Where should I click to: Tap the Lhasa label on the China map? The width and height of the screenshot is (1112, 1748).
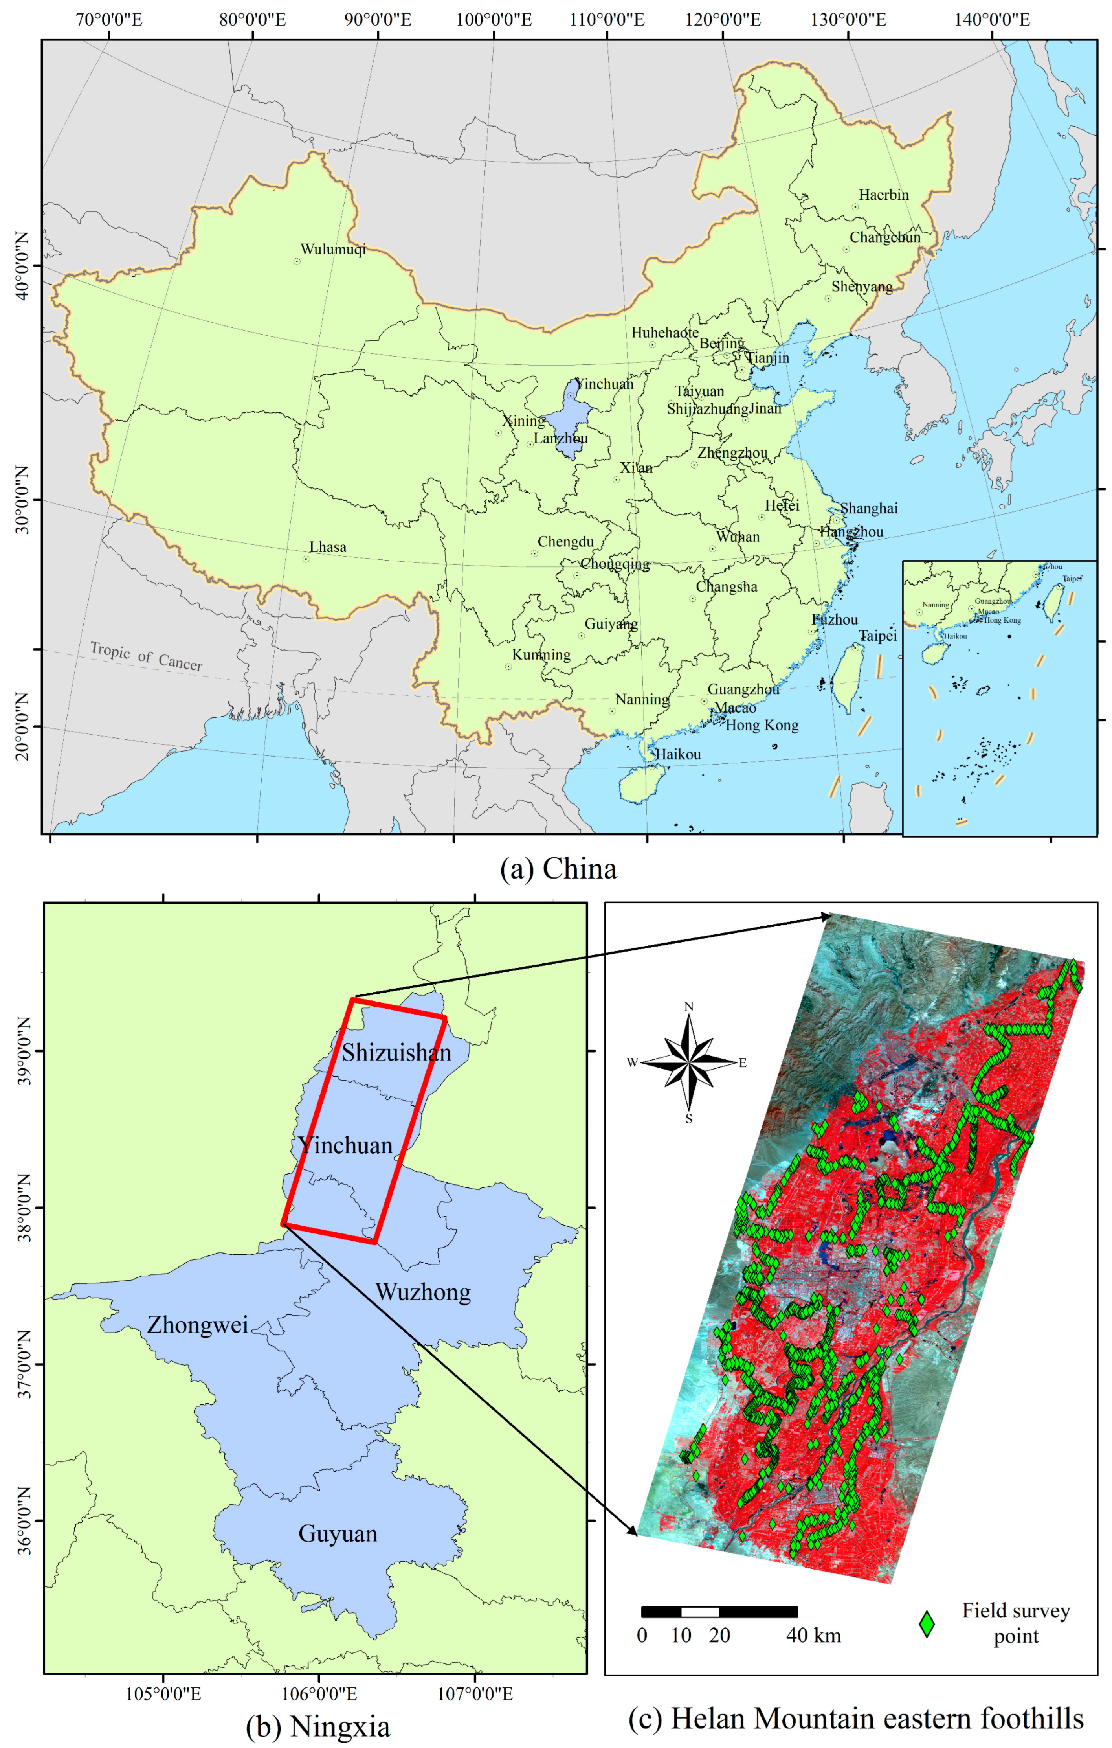(327, 547)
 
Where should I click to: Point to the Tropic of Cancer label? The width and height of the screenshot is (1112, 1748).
(146, 656)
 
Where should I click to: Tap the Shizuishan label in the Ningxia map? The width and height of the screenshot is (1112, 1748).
(396, 1053)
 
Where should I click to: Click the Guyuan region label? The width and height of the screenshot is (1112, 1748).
(338, 1534)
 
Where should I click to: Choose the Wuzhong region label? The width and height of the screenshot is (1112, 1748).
(422, 1292)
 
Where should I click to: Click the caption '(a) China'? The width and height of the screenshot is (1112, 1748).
(558, 869)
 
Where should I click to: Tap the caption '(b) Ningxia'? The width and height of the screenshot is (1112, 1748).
(318, 1726)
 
